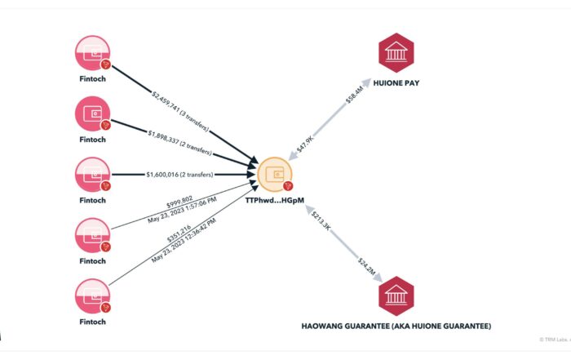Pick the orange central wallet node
click(x=275, y=174)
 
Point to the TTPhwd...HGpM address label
click(x=275, y=201)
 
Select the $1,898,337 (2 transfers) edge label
click(x=179, y=141)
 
